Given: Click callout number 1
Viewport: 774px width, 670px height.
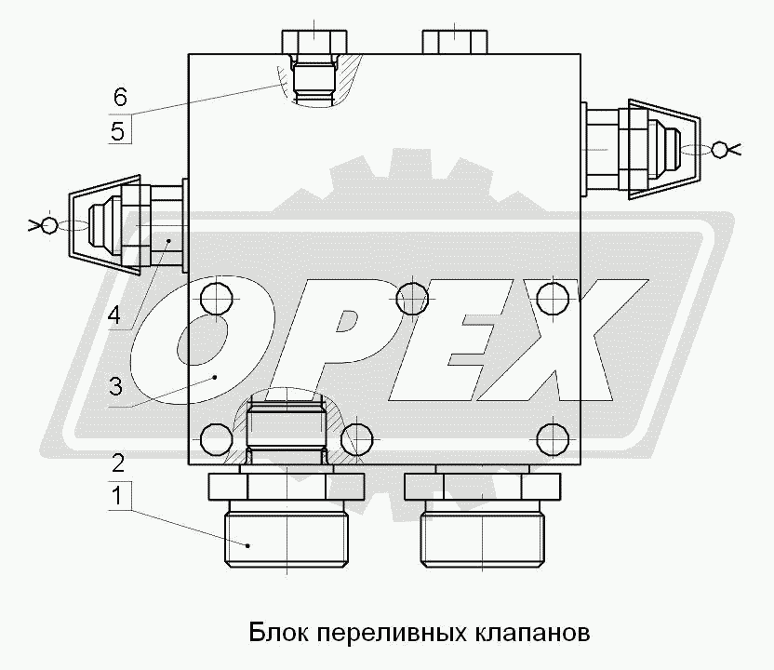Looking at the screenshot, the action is [117, 496].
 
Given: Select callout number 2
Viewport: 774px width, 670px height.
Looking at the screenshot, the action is [118, 463].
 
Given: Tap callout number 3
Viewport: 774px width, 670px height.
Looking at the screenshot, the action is [115, 386].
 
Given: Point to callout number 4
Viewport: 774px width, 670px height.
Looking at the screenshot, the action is [114, 315].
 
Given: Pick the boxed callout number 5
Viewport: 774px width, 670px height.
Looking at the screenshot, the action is [118, 132].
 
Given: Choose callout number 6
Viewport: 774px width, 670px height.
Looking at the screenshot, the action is [120, 96].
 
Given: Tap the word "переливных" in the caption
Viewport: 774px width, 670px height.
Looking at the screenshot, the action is [391, 634].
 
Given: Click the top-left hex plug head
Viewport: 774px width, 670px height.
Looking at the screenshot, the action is [314, 42].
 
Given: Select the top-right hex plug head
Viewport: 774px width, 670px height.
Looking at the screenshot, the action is [455, 42].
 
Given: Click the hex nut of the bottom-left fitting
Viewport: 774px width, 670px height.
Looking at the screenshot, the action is [287, 488].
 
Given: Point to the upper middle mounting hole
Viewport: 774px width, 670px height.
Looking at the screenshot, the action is [412, 299].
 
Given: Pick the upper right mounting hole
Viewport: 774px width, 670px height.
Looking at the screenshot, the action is [553, 299].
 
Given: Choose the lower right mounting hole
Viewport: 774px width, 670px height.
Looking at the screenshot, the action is [553, 438].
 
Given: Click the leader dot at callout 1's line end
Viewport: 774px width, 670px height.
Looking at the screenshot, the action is [247, 545].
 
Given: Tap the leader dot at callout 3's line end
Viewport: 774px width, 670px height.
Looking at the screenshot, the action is [215, 378].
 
